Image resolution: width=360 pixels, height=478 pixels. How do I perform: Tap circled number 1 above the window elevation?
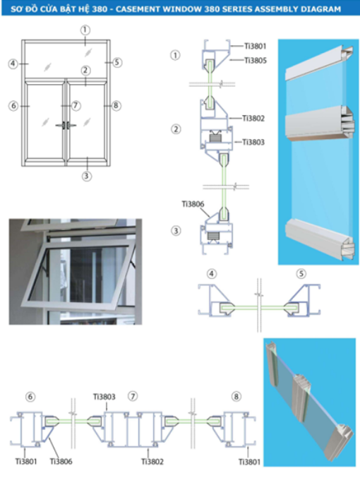point(85,30)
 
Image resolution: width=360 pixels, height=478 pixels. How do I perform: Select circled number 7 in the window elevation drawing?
point(76,105)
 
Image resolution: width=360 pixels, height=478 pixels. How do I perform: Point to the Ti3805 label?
point(255,61)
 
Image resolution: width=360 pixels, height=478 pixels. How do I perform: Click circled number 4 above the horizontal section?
point(211,273)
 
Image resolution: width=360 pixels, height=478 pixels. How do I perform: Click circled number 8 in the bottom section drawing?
point(235,397)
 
